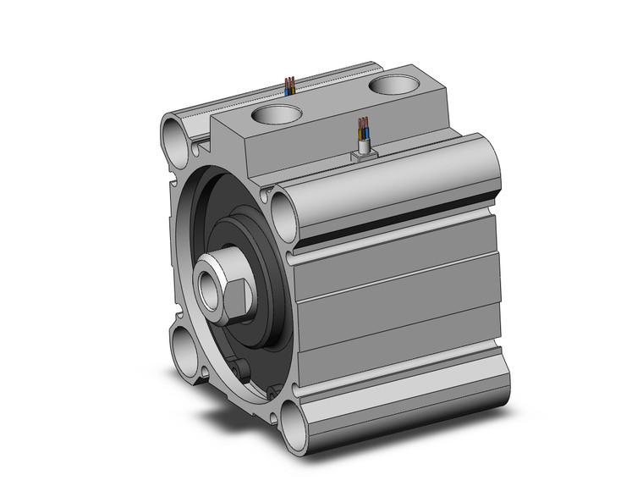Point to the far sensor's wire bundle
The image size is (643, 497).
[x=289, y=85]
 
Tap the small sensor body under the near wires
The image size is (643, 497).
[x=364, y=152]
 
